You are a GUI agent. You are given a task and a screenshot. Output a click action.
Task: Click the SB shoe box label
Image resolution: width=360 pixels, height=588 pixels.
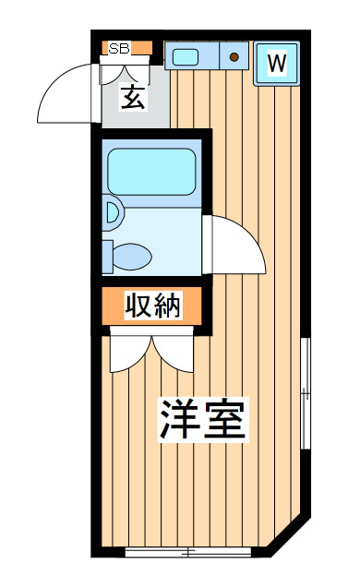point(119,48)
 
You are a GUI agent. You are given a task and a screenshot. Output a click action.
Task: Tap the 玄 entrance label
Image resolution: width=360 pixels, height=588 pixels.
point(133,97)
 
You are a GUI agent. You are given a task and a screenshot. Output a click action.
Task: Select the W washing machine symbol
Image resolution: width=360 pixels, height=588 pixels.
point(277,64)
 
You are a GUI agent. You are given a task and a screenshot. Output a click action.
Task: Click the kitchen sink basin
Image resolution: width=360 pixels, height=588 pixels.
point(186,57)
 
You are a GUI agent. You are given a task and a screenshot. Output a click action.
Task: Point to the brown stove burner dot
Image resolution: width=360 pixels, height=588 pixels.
point(234,57)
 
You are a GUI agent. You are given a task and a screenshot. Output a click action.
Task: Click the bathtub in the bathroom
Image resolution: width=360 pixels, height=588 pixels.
point(151,172)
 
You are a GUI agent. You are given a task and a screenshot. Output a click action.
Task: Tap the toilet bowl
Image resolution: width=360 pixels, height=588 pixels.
point(132,257)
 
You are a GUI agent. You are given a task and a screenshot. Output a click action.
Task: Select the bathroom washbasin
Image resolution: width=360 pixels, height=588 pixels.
point(113,213)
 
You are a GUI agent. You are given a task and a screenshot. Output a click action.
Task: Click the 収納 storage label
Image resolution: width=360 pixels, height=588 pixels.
point(153,306)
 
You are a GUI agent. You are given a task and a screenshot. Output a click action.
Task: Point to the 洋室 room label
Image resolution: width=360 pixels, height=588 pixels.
point(203,420)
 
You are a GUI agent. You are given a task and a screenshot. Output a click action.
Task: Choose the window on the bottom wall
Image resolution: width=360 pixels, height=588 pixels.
point(188,552)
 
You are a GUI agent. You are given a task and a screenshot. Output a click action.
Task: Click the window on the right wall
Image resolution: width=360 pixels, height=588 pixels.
point(306,393)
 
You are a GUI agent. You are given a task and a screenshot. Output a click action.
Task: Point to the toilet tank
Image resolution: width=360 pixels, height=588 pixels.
point(107,257)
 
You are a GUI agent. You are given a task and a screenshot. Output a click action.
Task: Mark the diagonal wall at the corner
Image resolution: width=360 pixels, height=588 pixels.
point(290,537)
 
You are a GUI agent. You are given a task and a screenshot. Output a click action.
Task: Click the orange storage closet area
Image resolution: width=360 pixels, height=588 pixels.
point(152,306)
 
